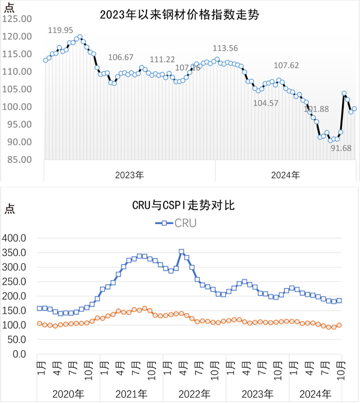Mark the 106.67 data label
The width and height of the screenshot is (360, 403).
point(121,58)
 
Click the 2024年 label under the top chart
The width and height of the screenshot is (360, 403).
point(285,175)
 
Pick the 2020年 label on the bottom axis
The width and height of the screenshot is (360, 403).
point(64,393)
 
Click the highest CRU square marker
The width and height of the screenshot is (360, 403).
point(182,252)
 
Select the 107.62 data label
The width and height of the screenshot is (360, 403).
point(286,65)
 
